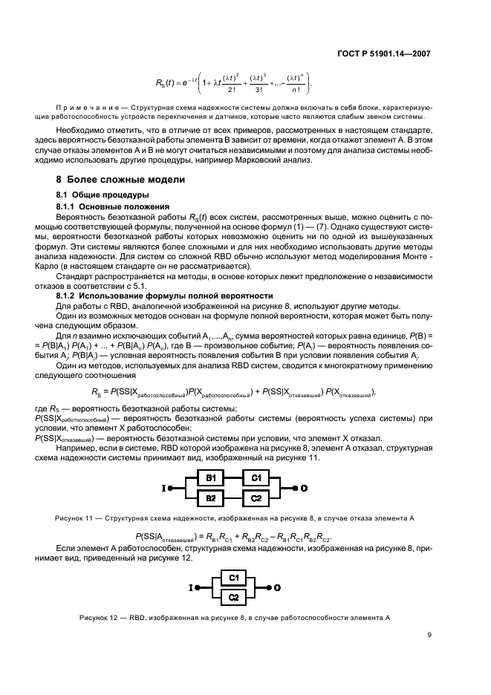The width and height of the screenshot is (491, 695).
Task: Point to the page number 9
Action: coord(429,634)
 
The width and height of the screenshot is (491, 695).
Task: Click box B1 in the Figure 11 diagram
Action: coord(210,477)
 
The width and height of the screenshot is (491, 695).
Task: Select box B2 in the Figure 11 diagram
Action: coord(210,497)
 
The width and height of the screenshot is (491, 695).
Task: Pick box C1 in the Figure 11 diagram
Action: coord(256,477)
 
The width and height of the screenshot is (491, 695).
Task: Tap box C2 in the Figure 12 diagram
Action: coord(233,596)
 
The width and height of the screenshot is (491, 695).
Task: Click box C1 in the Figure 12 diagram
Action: coord(233,577)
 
